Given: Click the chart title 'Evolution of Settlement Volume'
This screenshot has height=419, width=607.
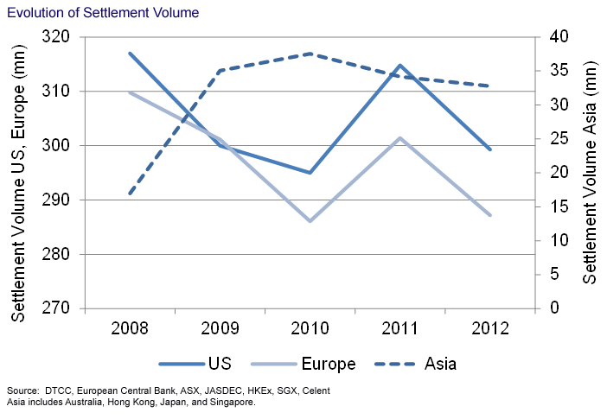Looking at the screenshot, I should coord(103,13).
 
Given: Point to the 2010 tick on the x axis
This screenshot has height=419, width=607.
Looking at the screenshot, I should coord(309,328).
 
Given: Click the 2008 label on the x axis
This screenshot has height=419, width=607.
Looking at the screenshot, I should coord(130,328).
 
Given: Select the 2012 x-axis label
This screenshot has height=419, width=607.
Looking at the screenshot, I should coord(489,328).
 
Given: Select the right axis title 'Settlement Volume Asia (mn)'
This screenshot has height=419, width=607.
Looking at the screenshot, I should coord(591,173).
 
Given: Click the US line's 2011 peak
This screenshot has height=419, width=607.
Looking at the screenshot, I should coord(399,65).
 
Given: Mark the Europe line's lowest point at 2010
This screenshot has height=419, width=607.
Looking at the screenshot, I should coord(310,221).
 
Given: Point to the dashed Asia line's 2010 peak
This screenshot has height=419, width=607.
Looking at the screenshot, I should coord(310,54).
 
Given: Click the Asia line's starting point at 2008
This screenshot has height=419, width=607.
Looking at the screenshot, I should coord(130,193).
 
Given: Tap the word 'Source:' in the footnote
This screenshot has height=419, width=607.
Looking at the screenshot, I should coord(21,391).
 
